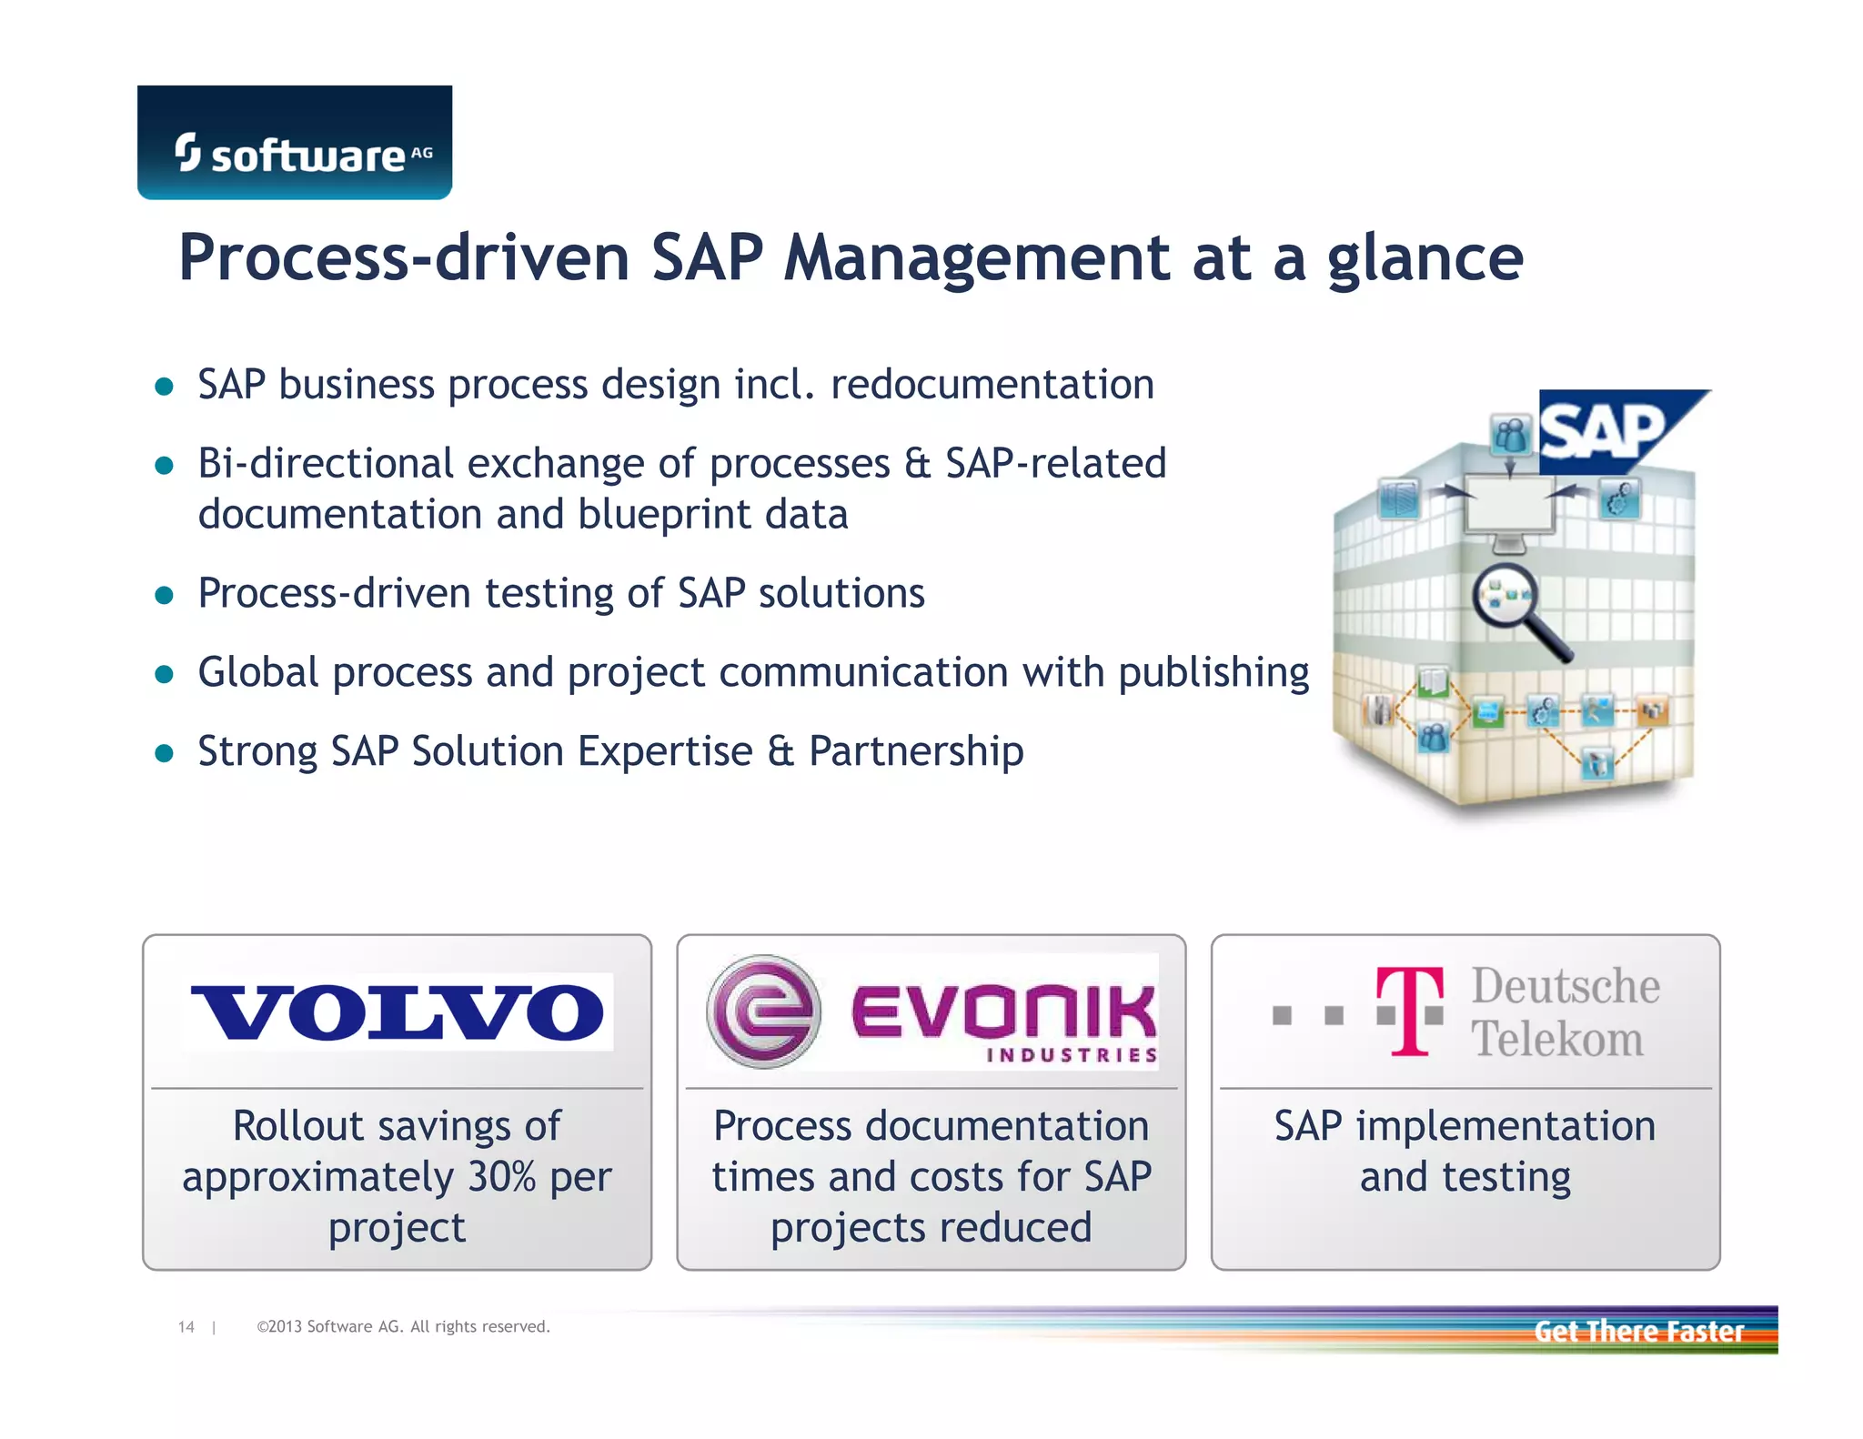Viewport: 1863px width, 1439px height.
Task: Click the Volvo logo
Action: pos(398,1011)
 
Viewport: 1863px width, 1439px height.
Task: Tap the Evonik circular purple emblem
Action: pos(763,1011)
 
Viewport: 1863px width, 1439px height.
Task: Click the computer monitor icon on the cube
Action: pos(1510,509)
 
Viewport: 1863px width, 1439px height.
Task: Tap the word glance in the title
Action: pos(1425,259)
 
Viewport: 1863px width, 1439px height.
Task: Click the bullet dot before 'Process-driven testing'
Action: pos(165,595)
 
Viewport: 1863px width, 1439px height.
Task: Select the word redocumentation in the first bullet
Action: pos(992,385)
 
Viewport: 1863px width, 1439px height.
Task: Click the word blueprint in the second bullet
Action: pos(663,515)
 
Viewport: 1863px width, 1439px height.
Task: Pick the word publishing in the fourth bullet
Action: pos(1213,673)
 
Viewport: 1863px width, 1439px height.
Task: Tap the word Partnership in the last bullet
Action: pos(916,751)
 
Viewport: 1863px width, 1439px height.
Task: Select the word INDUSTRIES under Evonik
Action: pos(1072,1055)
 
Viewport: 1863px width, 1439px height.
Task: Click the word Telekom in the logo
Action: pos(1557,1039)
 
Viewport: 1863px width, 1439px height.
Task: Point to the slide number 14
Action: pos(186,1327)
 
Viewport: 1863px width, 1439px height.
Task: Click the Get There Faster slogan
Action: pos(1638,1331)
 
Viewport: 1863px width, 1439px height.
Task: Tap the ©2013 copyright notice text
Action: pos(403,1327)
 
